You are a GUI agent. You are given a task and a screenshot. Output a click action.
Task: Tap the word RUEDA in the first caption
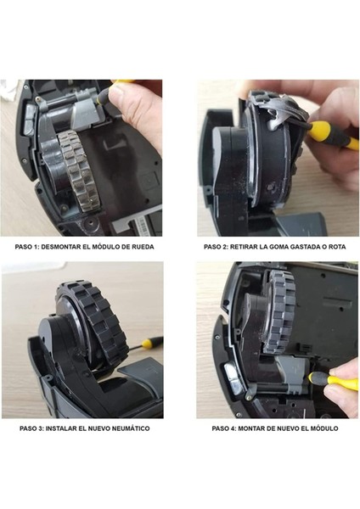point(149,247)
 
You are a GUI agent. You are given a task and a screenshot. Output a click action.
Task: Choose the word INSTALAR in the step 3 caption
point(71,428)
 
